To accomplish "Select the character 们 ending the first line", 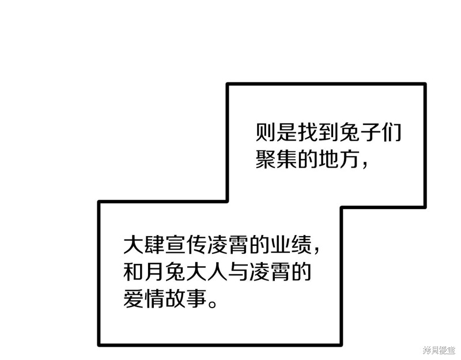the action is point(391,132).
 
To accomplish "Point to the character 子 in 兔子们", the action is point(370,132).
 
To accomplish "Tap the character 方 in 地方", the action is point(349,159).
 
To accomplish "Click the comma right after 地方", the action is point(365,165).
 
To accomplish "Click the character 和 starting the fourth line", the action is point(133,271).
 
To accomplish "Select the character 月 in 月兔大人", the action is point(154,271).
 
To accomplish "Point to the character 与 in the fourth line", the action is point(238,271).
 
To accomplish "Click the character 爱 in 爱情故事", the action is point(133,298).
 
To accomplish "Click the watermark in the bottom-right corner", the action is point(440,350).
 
